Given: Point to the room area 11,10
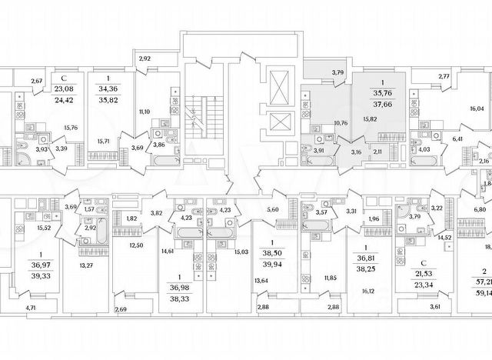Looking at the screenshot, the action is pos(143,112).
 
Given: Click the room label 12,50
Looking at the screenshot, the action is pos(138,245).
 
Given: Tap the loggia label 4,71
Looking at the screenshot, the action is pos(31,330).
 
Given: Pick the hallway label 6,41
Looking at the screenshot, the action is pos(457,139).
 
